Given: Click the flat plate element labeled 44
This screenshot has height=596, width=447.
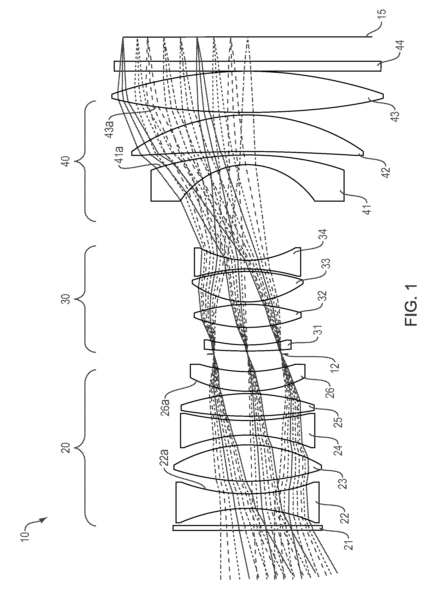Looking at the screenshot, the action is [x=247, y=66].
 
